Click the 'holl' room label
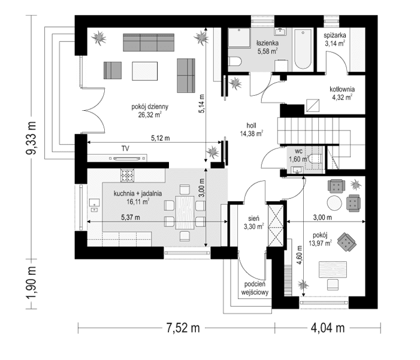252,126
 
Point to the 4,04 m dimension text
327,328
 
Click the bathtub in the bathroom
303,48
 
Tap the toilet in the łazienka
235,61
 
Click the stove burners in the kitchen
128,176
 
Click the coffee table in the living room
144,69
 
